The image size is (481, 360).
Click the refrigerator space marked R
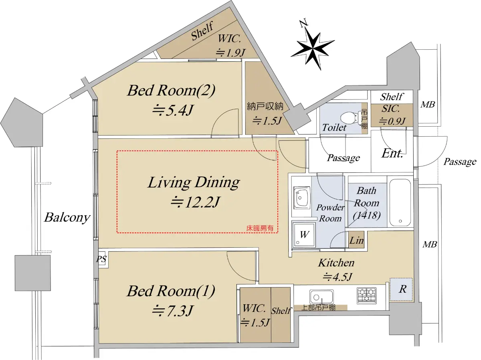401,289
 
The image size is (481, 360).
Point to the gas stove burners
367,295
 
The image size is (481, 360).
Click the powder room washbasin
302,198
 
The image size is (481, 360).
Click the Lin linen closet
356,240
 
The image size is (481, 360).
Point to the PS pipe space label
101,259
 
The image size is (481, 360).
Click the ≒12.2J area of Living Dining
195,202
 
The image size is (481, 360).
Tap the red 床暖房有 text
260,229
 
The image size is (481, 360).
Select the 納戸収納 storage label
265,106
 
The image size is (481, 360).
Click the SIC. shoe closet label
390,109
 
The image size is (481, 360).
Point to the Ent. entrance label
392,154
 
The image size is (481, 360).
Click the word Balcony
67,218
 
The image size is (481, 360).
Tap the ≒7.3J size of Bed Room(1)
172,311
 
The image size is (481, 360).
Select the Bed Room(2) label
172,90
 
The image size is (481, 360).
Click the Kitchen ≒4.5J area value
337,277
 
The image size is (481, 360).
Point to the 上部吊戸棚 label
319,307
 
